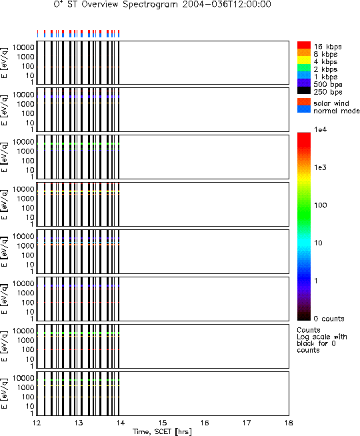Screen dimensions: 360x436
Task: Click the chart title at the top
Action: click(x=163, y=5)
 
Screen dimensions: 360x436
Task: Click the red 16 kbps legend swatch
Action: click(x=304, y=45)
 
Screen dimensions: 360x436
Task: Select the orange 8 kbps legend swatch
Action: click(x=304, y=53)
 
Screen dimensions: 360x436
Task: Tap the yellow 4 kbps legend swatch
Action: click(x=304, y=61)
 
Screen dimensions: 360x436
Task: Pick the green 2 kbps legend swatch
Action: click(x=304, y=68)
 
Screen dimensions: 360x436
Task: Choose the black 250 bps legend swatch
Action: click(x=304, y=91)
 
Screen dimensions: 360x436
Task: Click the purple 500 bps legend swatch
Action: click(x=304, y=83)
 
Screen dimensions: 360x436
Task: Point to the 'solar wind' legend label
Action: click(x=331, y=103)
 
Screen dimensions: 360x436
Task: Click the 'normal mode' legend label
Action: click(x=337, y=111)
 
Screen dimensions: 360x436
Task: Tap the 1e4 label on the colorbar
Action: click(x=320, y=129)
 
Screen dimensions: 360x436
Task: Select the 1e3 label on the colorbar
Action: click(x=320, y=167)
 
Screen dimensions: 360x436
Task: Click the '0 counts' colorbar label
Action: click(x=329, y=319)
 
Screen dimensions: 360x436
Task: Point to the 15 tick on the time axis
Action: click(x=163, y=423)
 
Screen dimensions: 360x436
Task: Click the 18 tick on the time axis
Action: click(x=289, y=423)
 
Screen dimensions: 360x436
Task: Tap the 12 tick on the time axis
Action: click(x=37, y=423)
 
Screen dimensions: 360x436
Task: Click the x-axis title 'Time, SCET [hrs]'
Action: click(x=162, y=431)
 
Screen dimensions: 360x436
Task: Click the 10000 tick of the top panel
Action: click(x=23, y=47)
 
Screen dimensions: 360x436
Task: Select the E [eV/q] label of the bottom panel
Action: click(x=5, y=393)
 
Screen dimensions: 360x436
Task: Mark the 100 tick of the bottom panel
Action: click(x=28, y=397)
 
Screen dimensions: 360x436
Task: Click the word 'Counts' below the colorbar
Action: click(x=309, y=330)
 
